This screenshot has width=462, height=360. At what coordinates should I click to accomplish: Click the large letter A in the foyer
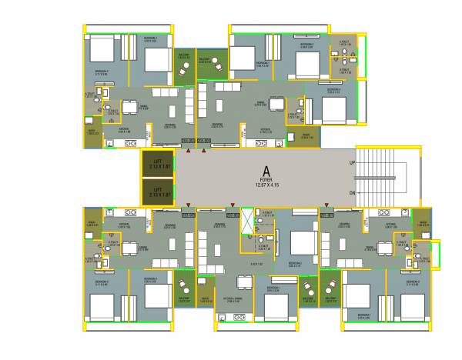(265, 171)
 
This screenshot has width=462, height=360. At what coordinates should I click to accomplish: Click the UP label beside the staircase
(352, 164)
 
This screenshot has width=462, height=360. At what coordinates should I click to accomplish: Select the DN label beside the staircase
(352, 192)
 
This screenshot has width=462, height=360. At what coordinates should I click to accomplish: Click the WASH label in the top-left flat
(92, 133)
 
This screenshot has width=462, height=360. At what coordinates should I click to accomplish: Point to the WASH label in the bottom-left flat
(91, 225)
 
